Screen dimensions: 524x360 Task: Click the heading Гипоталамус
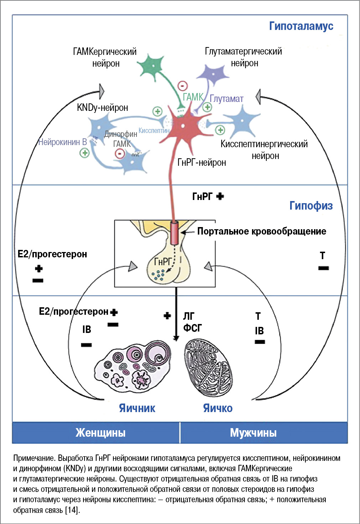tap(301, 26)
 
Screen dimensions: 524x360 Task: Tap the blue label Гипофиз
tap(311, 206)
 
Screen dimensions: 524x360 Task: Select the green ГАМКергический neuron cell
tap(152, 66)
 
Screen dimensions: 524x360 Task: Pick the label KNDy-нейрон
tap(102, 108)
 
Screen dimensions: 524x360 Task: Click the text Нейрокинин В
tap(62, 142)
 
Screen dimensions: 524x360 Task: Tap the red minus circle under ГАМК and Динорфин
tap(119, 154)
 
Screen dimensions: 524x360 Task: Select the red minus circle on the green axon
tap(182, 86)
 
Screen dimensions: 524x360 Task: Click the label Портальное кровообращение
tap(262, 231)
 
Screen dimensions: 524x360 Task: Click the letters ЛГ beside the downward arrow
tap(189, 316)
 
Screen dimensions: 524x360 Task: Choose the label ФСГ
tap(192, 328)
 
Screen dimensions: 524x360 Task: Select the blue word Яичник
tap(137, 408)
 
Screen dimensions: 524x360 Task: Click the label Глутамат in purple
tap(226, 99)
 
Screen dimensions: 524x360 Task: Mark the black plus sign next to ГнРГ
tap(220, 196)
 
